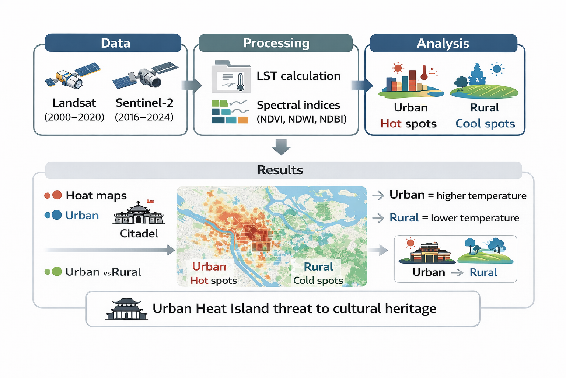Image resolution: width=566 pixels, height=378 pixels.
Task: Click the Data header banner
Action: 113,43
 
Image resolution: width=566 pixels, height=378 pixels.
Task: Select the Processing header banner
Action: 276,43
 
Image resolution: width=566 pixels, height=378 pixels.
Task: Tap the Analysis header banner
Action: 443,43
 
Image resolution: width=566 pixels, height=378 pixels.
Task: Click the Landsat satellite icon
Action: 73,75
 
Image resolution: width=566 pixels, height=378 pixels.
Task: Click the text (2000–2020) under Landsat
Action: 74,117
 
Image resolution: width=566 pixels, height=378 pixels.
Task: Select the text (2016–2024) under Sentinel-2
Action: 144,117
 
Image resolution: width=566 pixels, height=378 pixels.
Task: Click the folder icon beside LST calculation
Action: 231,76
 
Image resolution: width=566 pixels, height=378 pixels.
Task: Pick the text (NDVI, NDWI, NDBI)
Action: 301,119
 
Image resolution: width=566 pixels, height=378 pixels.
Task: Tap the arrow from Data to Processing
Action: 192,85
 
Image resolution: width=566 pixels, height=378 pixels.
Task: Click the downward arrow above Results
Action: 281,147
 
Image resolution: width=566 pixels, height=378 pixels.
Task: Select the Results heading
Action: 280,170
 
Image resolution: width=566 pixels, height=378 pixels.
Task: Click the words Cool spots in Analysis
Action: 485,124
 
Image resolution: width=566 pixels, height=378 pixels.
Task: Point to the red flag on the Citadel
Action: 150,202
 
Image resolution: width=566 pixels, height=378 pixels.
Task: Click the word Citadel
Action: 139,233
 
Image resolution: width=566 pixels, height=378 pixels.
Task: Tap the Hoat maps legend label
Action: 96,195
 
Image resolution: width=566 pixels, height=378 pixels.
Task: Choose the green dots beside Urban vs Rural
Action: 53,271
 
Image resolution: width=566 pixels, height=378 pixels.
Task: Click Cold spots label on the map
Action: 318,281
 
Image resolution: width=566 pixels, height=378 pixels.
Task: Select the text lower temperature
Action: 475,218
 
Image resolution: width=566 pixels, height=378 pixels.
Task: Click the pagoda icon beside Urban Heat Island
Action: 126,309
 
